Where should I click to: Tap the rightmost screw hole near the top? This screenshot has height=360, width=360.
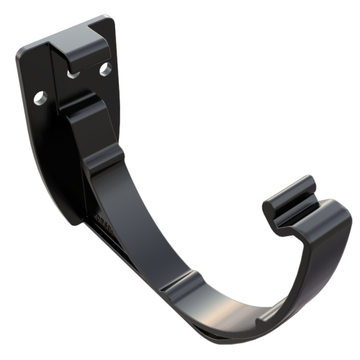click(x=105, y=69)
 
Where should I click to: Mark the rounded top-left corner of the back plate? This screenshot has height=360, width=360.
click(x=23, y=54)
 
